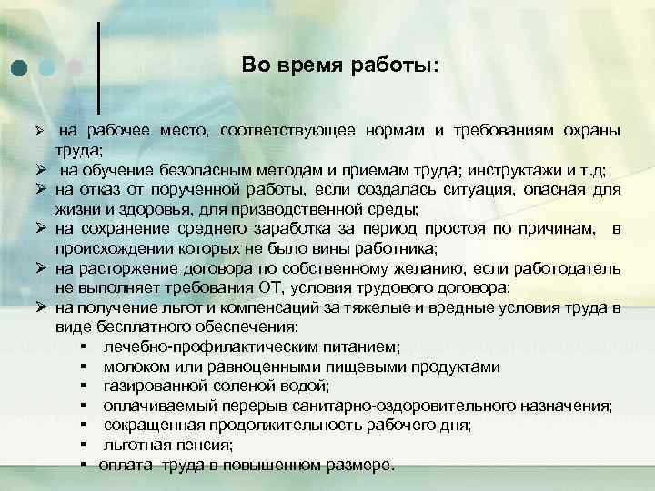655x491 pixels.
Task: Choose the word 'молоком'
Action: [133, 367]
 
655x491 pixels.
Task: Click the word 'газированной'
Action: [149, 386]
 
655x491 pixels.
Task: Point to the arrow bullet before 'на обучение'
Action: [42, 173]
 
